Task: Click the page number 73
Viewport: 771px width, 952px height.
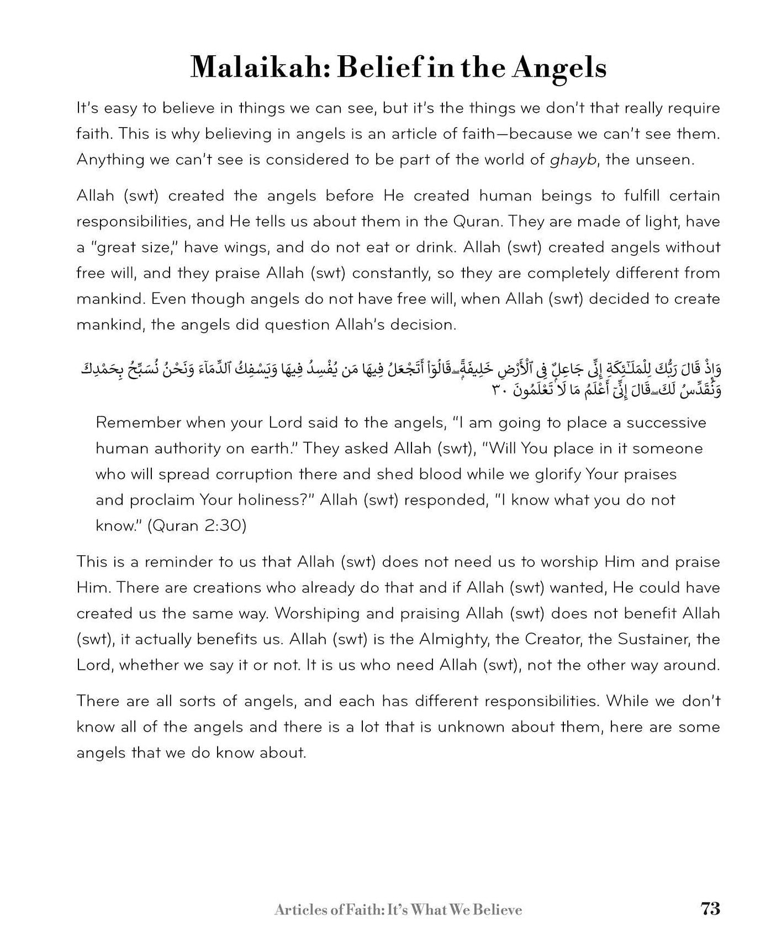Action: click(x=710, y=909)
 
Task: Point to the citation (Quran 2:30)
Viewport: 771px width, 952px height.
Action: click(x=197, y=525)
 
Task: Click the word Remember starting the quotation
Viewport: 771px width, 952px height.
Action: click(x=138, y=423)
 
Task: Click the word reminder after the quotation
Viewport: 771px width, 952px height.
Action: click(x=179, y=562)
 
